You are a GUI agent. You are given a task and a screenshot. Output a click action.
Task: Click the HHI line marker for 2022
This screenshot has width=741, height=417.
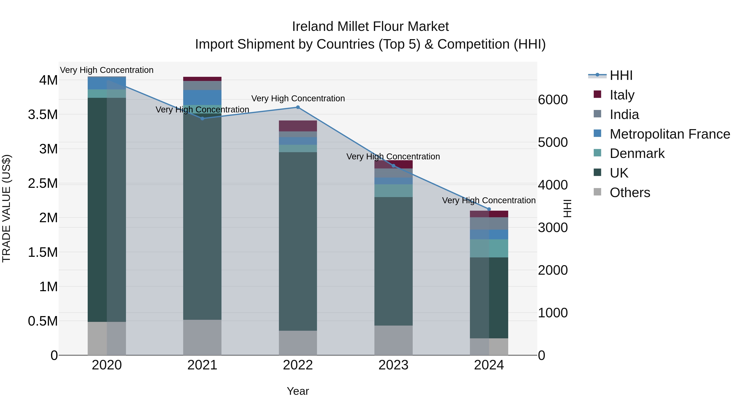click(298, 107)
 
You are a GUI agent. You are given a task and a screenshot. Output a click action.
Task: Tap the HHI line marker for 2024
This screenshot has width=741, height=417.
click(489, 209)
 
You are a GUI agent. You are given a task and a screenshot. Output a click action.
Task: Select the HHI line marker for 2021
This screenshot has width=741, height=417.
click(202, 119)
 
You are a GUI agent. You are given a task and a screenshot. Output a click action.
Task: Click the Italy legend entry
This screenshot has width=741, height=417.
click(622, 95)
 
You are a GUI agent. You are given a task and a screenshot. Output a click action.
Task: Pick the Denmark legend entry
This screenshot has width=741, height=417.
click(637, 153)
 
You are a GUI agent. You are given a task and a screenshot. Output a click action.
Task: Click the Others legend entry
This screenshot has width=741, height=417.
click(630, 193)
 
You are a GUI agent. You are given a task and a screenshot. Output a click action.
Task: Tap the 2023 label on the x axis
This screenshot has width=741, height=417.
click(393, 365)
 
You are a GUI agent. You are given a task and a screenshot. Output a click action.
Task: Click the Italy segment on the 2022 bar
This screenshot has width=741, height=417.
click(298, 126)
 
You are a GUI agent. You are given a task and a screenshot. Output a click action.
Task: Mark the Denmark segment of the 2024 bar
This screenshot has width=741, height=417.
click(489, 248)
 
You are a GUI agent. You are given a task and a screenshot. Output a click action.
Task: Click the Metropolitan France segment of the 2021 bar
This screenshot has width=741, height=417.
click(202, 97)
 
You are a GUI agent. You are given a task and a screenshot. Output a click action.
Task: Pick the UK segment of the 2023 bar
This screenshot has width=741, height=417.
click(393, 261)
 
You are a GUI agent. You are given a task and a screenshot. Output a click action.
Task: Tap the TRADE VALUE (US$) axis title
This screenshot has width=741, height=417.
click(6, 208)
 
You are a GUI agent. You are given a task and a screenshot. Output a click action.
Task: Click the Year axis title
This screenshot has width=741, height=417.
click(298, 391)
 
